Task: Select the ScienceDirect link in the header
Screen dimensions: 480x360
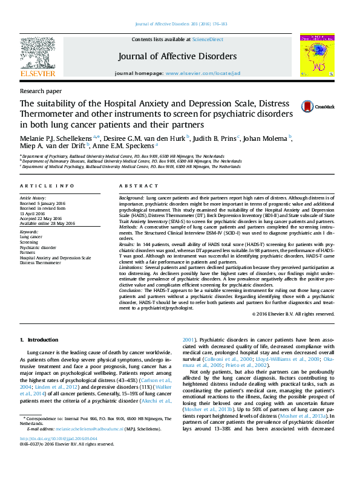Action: point(208,39)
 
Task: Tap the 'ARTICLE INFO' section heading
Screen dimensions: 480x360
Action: point(47,186)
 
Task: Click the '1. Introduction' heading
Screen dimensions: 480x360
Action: point(39,340)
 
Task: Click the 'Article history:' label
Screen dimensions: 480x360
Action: point(33,198)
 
